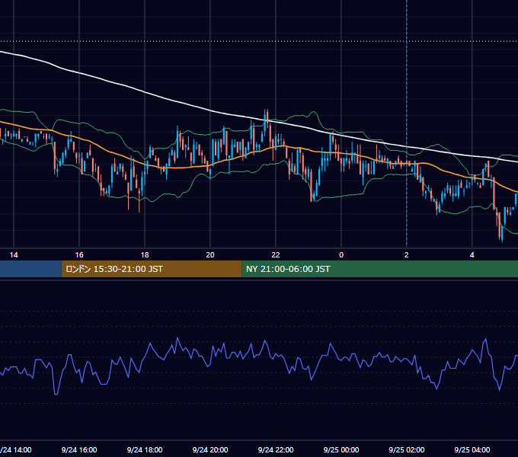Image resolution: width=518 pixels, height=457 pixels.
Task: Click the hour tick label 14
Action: (x=14, y=255)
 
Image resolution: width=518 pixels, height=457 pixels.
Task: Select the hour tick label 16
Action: (x=79, y=255)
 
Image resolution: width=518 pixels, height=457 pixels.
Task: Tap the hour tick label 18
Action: (x=145, y=255)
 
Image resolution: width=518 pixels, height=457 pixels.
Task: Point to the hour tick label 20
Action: (x=210, y=255)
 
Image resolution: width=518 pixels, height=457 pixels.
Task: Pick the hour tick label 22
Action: (x=276, y=255)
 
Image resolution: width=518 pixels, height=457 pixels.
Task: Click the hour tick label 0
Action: (x=341, y=255)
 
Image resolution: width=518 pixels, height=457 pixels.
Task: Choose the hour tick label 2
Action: (x=407, y=255)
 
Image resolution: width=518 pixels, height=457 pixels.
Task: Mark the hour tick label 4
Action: (x=472, y=255)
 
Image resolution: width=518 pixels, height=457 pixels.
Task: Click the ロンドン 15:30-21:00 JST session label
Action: (x=114, y=269)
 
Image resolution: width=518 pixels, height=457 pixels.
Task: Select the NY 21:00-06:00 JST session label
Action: (x=288, y=269)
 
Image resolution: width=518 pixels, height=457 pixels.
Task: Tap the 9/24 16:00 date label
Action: (x=79, y=449)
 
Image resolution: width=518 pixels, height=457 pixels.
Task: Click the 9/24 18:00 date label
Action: (x=145, y=449)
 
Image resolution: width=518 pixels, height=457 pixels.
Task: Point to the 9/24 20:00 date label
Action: (x=210, y=449)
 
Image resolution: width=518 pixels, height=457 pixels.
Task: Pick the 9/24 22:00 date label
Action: (x=276, y=449)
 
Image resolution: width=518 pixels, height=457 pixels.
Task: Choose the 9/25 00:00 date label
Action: (x=341, y=449)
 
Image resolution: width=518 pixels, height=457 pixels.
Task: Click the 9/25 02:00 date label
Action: (x=407, y=449)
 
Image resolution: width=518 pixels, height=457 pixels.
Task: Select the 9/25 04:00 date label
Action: (x=472, y=449)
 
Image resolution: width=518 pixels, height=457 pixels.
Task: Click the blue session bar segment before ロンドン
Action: (x=30, y=269)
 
